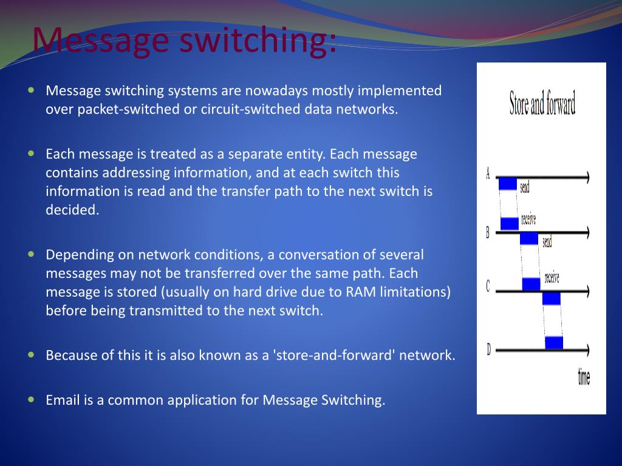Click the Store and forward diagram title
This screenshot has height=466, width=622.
click(542, 104)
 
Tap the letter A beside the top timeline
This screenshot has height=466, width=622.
click(488, 174)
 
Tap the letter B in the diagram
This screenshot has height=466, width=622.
click(487, 232)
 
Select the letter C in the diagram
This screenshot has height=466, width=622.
click(487, 286)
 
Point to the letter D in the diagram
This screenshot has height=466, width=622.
click(488, 349)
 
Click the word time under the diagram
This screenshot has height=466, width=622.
click(584, 377)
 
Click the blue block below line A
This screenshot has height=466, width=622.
click(508, 183)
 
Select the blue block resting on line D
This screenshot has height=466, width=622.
click(554, 343)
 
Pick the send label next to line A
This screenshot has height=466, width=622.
click(525, 187)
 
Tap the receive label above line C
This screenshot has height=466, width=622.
click(552, 278)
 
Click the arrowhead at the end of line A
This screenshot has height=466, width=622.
click(586, 177)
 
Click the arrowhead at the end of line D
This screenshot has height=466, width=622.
click(586, 349)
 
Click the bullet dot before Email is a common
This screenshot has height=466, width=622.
click(32, 399)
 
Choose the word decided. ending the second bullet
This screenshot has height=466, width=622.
click(72, 210)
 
